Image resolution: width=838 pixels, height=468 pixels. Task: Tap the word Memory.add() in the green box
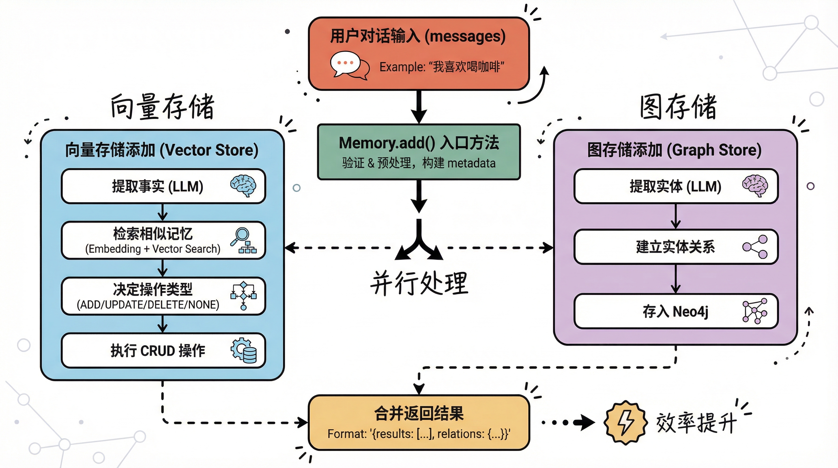pyautogui.click(x=387, y=143)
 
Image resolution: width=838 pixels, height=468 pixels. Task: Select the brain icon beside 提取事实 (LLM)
pyautogui.click(x=243, y=186)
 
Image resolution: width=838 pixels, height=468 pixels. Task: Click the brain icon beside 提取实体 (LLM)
pyautogui.click(x=755, y=186)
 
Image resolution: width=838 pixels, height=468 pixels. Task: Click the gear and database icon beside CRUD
pyautogui.click(x=244, y=350)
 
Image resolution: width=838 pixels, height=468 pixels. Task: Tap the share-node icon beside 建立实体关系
pyautogui.click(x=755, y=247)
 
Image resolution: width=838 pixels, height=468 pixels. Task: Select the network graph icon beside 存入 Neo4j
pyautogui.click(x=755, y=311)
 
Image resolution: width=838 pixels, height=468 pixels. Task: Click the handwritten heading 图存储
pyautogui.click(x=678, y=107)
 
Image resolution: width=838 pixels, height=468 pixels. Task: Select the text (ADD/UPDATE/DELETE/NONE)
pyautogui.click(x=148, y=305)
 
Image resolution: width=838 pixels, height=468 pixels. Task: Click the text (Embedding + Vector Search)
pyautogui.click(x=153, y=249)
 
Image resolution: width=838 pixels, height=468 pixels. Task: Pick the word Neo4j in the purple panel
pyautogui.click(x=690, y=312)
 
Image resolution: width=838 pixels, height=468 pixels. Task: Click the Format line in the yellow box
pyautogui.click(x=419, y=434)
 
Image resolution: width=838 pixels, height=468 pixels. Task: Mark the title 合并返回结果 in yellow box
pyautogui.click(x=419, y=413)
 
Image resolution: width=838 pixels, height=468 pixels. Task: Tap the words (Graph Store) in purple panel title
pyautogui.click(x=714, y=150)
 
